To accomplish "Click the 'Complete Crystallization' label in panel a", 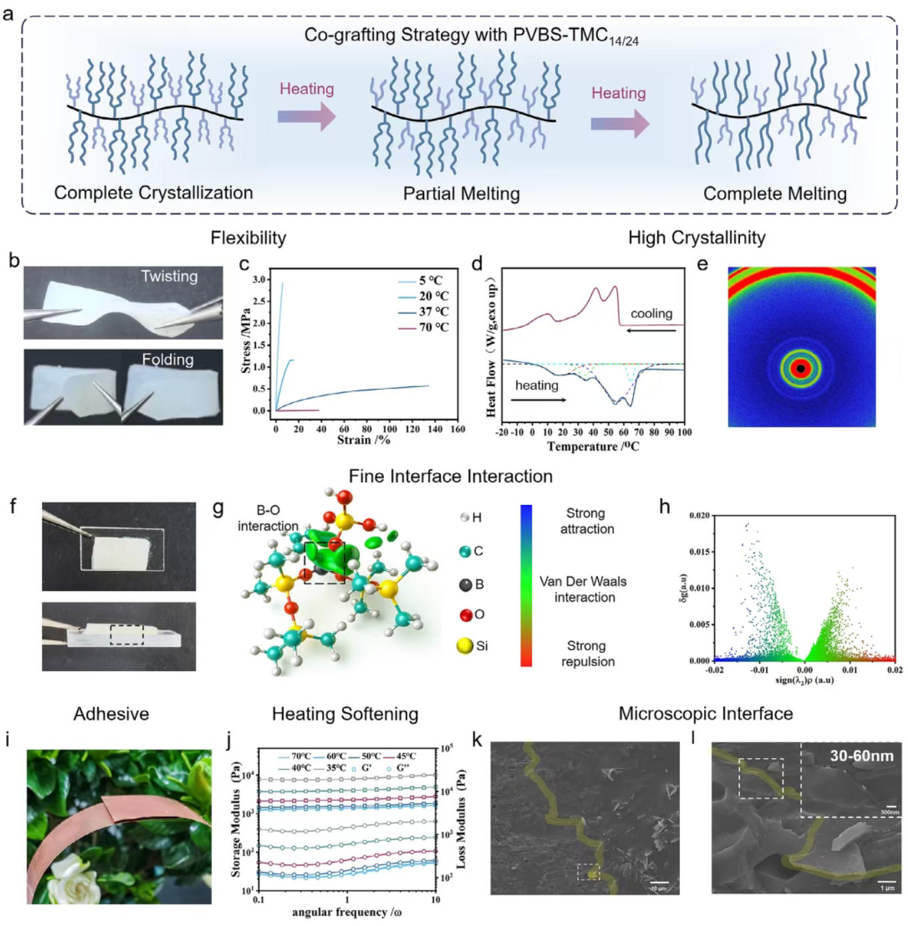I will (x=153, y=193).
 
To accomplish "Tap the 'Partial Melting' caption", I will (x=461, y=194).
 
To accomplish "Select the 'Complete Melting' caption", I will (x=775, y=194).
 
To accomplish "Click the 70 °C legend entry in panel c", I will (x=433, y=327).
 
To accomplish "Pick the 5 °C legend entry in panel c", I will (x=431, y=280).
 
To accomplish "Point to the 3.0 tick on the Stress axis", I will (x=259, y=279).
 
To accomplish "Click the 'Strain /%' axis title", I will (x=363, y=440).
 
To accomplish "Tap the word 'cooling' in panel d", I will (x=651, y=313).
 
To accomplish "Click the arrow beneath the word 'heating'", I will (x=538, y=400).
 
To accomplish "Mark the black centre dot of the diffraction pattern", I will (x=801, y=368).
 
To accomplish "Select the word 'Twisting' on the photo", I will (x=169, y=276).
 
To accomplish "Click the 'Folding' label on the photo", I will (x=168, y=360).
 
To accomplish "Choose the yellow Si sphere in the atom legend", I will (x=465, y=646).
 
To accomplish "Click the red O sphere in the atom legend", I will (x=466, y=614).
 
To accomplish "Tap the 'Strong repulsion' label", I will (x=587, y=654).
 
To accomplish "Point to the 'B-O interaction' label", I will (x=268, y=518).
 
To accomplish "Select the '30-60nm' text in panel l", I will (x=861, y=755).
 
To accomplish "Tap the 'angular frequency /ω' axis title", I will (x=347, y=912).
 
